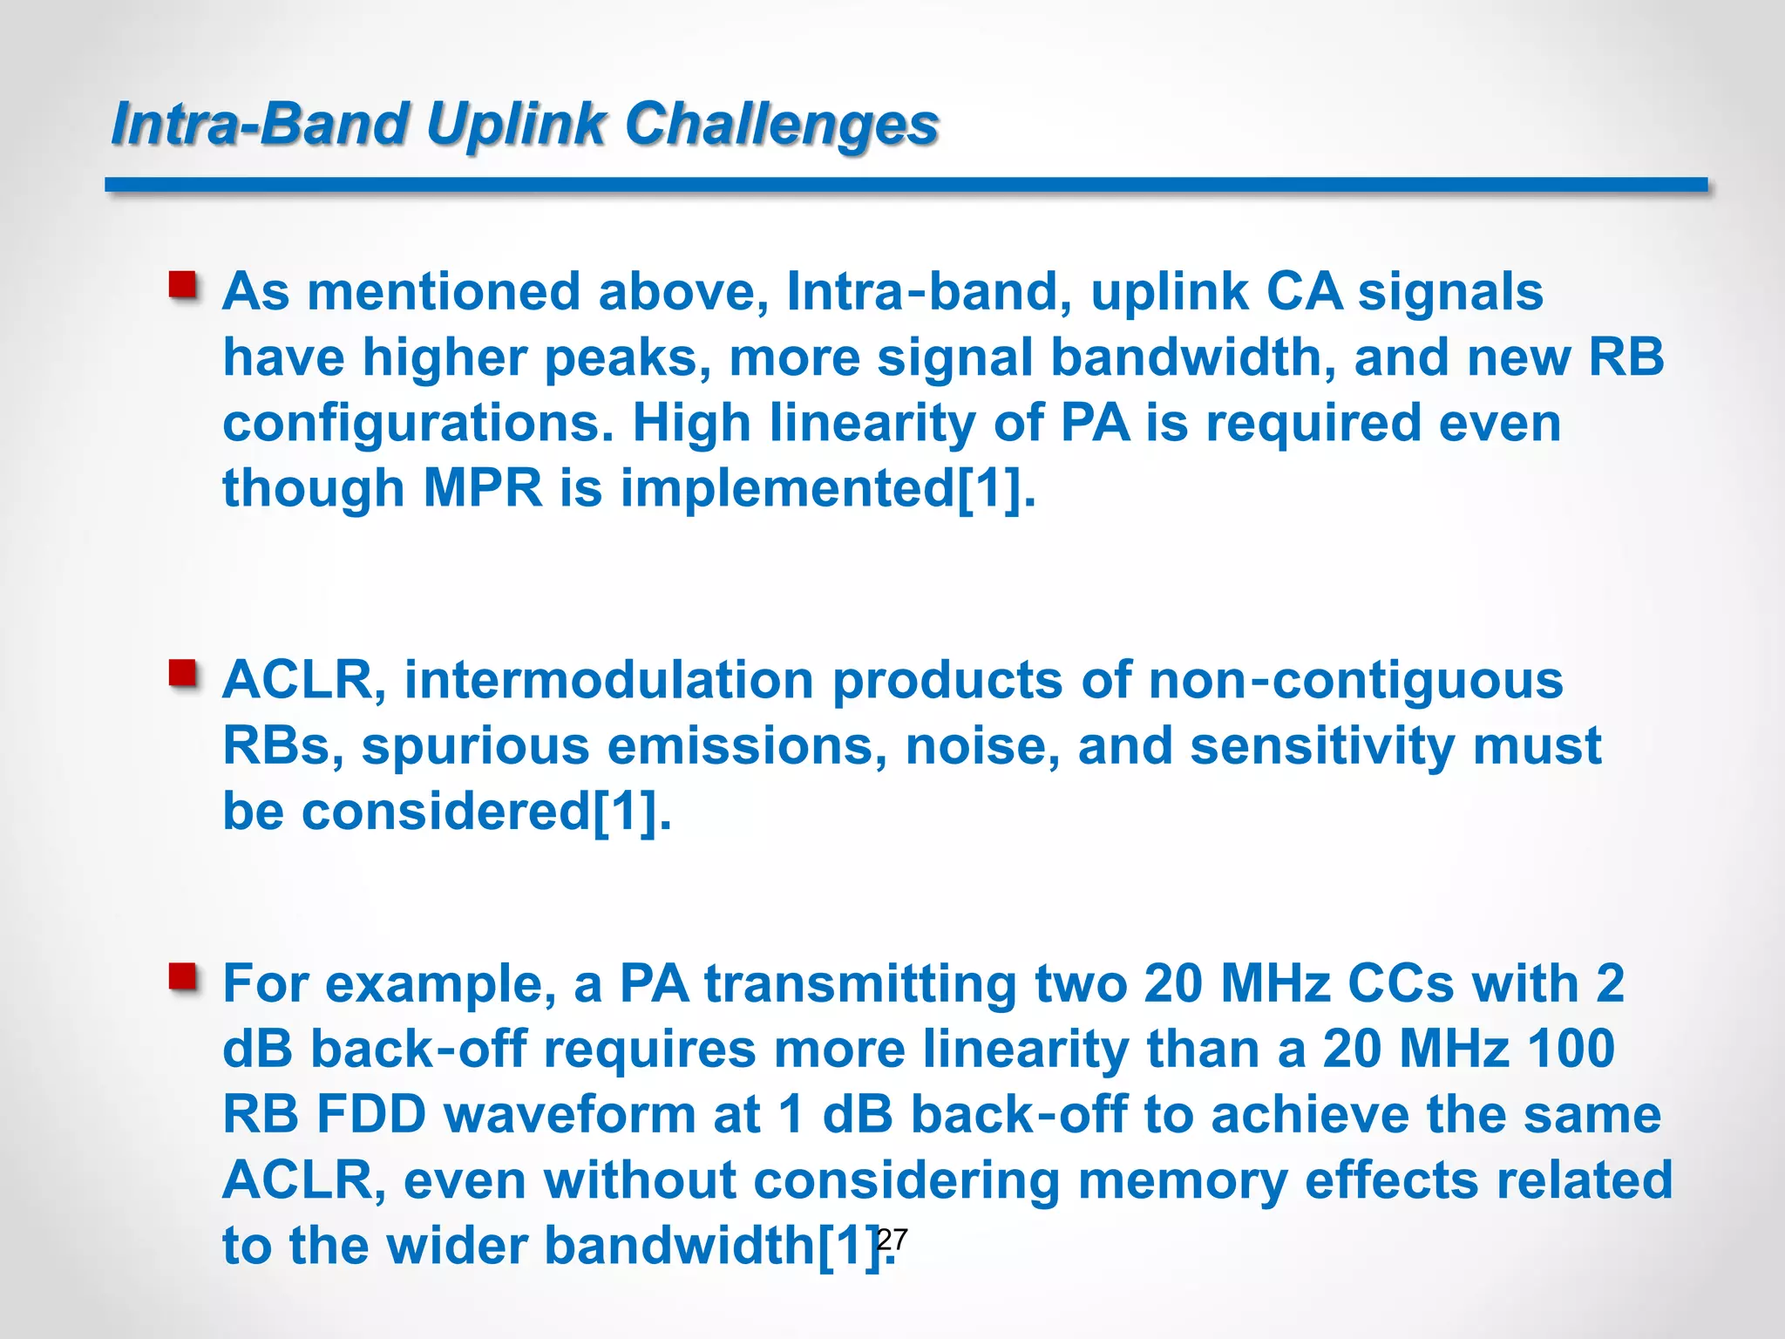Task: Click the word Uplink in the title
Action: (515, 123)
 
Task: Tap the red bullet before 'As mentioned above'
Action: (183, 285)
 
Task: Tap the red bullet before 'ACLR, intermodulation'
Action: (183, 674)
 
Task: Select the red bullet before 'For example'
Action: (183, 977)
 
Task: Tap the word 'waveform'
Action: (570, 1115)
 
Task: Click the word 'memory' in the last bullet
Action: (1182, 1181)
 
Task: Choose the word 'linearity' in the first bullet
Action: (872, 424)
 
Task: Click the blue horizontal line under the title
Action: (906, 185)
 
